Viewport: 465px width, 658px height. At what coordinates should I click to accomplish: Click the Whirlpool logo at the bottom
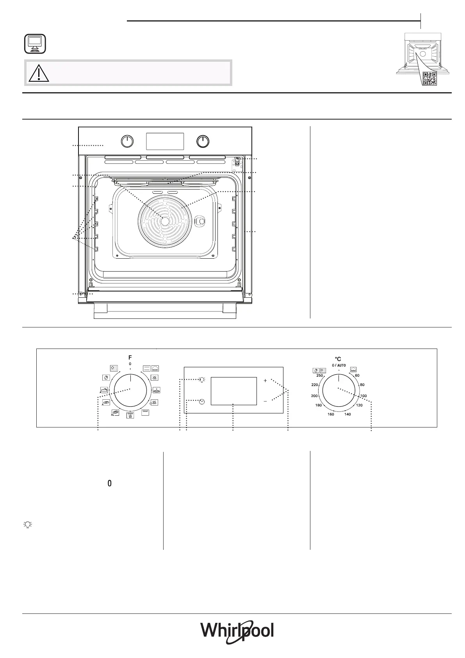(x=237, y=631)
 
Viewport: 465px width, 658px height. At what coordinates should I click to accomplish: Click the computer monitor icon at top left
(x=35, y=44)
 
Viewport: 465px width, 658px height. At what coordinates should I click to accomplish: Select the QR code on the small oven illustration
(x=430, y=79)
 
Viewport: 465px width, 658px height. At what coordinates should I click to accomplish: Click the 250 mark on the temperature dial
(x=319, y=375)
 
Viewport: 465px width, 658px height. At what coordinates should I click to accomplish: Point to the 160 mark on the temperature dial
(x=331, y=414)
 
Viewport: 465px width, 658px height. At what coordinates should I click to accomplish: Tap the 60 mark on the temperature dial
(x=357, y=375)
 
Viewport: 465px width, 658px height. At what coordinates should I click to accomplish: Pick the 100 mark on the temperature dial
(x=363, y=396)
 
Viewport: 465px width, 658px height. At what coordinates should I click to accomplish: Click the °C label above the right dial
(x=338, y=359)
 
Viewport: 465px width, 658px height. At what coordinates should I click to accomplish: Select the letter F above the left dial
(x=130, y=358)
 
